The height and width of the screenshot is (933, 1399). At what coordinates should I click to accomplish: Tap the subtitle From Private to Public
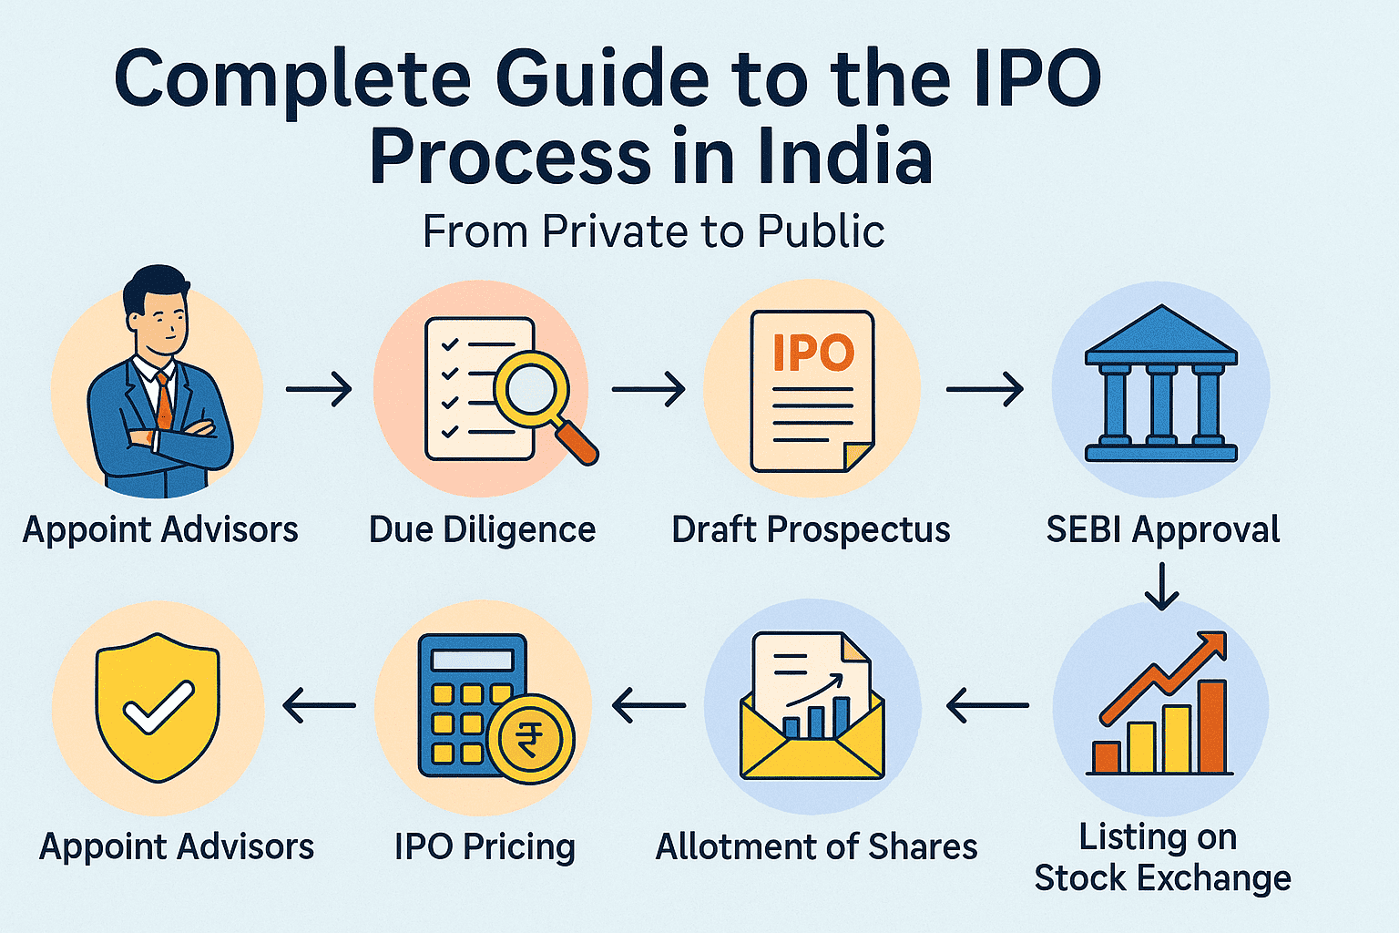654,231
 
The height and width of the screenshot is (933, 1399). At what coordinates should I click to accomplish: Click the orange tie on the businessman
164,401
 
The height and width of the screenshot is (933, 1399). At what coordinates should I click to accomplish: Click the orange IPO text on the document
813,353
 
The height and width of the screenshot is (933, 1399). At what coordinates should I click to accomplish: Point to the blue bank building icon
1161,383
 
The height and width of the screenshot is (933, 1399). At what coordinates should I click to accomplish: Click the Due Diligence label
482,530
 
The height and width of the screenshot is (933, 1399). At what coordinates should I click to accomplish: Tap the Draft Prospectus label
811,530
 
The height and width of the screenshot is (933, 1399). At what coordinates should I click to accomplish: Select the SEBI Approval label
1163,530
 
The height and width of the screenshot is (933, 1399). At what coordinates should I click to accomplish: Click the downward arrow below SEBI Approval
1161,586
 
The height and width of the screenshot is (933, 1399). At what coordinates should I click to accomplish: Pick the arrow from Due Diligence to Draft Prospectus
648,389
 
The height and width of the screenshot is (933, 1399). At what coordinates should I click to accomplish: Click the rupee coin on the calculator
530,739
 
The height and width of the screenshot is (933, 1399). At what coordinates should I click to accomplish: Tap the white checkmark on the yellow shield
158,707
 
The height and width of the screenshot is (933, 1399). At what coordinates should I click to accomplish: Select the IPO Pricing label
485,847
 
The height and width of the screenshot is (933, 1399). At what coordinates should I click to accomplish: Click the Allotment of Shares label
816,847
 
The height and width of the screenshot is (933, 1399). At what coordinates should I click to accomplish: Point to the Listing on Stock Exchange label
1162,857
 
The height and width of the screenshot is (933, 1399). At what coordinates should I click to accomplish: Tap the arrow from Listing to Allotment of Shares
987,705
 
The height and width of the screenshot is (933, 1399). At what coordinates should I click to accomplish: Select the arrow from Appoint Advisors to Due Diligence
319,389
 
